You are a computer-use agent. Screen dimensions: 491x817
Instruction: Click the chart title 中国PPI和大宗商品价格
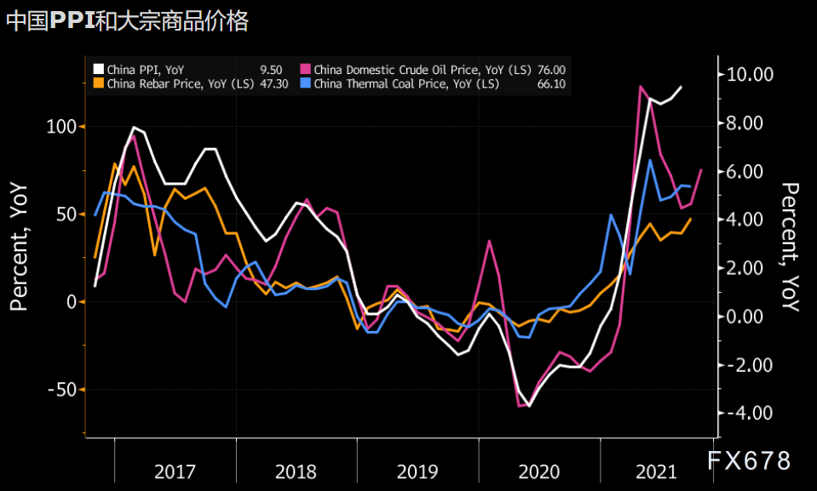click(127, 21)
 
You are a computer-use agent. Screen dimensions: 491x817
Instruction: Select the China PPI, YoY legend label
click(145, 70)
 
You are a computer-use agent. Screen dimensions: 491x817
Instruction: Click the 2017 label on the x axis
click(175, 471)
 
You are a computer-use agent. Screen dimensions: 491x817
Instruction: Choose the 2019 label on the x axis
click(417, 471)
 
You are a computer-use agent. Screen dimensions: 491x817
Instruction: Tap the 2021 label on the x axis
click(658, 471)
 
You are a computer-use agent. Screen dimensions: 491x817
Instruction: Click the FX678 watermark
click(749, 460)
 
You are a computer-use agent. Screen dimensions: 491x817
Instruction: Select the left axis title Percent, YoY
click(19, 247)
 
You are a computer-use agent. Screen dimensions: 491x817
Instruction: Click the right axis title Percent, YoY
click(791, 247)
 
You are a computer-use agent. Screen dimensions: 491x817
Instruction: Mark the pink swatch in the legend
click(306, 70)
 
